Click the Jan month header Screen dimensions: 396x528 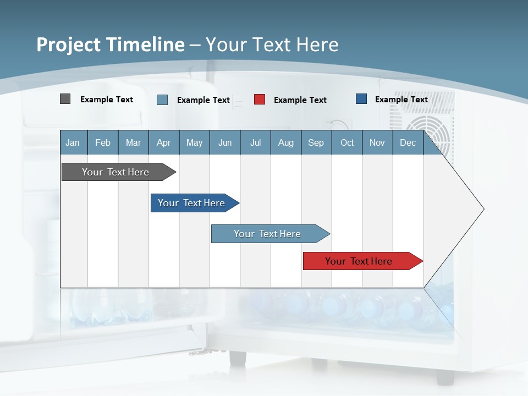(x=73, y=142)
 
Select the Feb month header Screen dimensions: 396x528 (x=103, y=142)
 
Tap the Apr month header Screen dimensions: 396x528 (x=163, y=142)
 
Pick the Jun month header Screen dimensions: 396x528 (x=224, y=142)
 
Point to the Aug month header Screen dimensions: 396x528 (x=285, y=142)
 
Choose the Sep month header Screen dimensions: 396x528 (x=316, y=142)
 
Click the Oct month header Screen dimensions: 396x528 (x=346, y=142)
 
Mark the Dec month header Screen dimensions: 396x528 (x=408, y=142)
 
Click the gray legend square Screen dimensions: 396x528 (x=65, y=99)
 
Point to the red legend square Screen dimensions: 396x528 (x=260, y=100)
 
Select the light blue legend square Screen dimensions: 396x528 (x=162, y=100)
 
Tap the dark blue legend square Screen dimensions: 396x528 (x=361, y=99)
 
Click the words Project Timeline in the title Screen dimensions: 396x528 (x=111, y=45)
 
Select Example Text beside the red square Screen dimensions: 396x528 (x=300, y=100)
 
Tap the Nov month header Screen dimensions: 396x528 (x=377, y=142)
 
